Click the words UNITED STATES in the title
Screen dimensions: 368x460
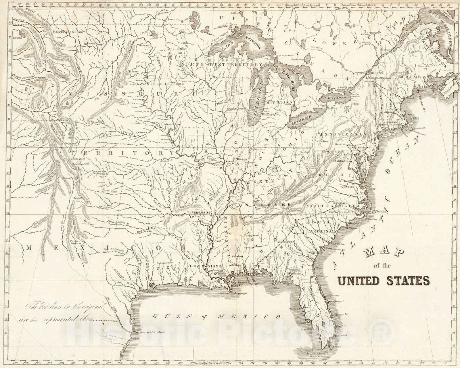(384, 280)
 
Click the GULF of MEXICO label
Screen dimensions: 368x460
(216, 316)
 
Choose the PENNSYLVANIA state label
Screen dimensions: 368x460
(341, 134)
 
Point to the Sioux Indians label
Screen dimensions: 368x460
(165, 84)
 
